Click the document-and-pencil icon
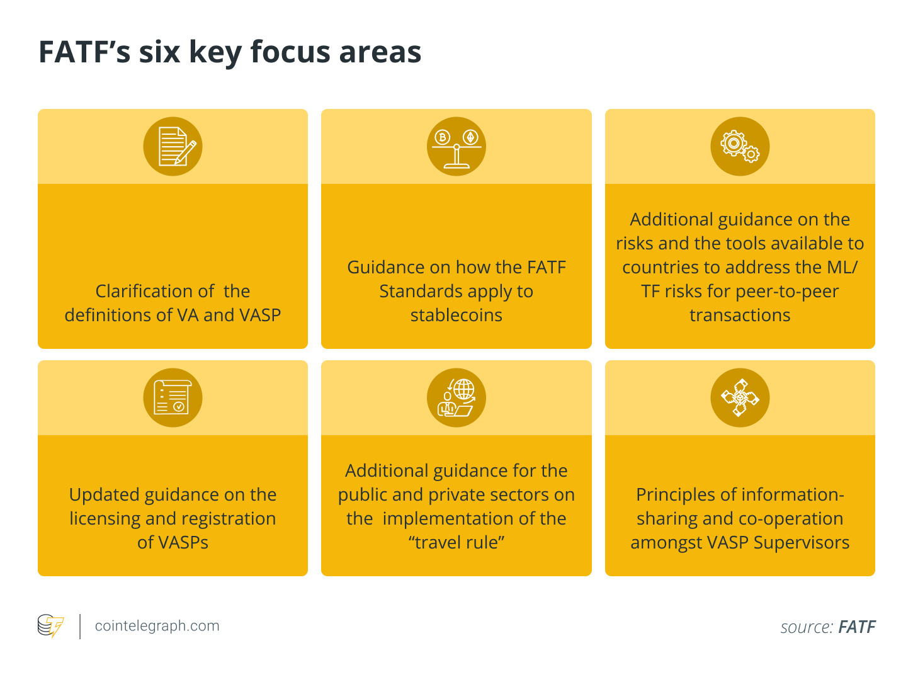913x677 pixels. pyautogui.click(x=173, y=146)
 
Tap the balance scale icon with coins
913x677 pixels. pyautogui.click(x=456, y=146)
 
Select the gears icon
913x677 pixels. pyautogui.click(x=740, y=146)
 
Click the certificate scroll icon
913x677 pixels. pyautogui.click(x=173, y=397)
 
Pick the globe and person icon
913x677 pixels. pyautogui.click(x=456, y=397)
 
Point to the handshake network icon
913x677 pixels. pyautogui.click(x=740, y=397)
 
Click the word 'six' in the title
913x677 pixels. pyautogui.click(x=159, y=52)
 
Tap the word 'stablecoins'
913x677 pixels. pyautogui.click(x=456, y=315)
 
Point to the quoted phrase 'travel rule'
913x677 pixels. pyautogui.click(x=456, y=542)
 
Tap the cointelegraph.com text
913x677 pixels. pyautogui.click(x=157, y=626)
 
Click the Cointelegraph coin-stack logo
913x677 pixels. pyautogui.click(x=50, y=626)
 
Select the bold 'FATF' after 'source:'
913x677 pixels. pyautogui.click(x=857, y=627)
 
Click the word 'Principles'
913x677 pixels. pyautogui.click(x=678, y=494)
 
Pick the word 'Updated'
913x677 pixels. pyautogui.click(x=104, y=494)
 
